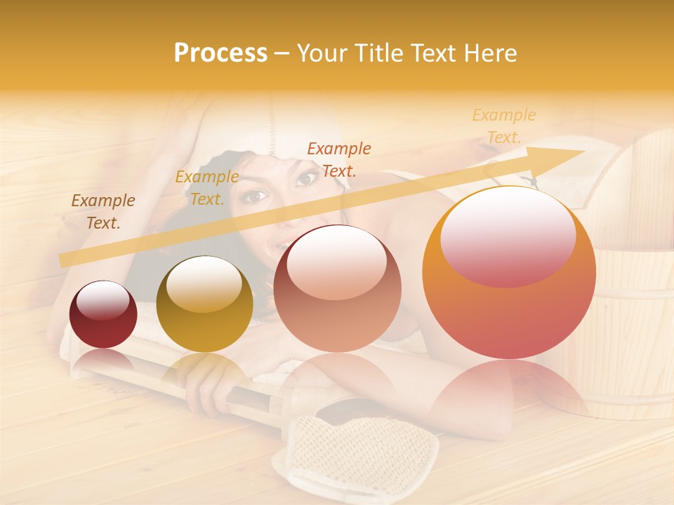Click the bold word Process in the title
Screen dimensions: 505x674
coord(220,53)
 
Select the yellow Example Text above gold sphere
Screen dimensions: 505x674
coord(207,188)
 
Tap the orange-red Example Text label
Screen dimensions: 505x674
coord(339,159)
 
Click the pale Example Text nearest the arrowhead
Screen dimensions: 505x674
coord(504,126)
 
